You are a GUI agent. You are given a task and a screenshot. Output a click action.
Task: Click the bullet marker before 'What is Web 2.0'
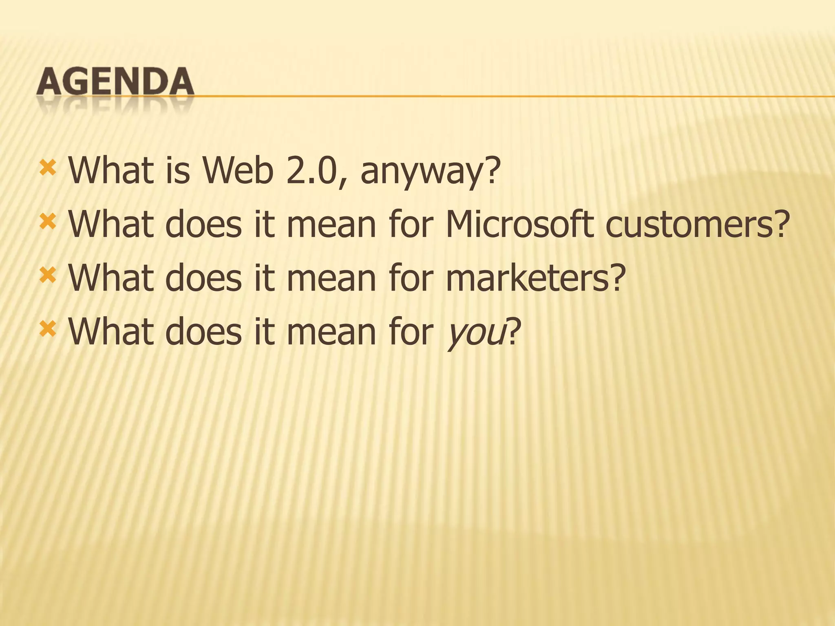tap(47, 168)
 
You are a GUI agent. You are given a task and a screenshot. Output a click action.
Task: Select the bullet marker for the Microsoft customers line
tap(47, 222)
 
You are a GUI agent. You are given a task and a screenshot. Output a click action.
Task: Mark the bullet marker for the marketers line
tap(47, 276)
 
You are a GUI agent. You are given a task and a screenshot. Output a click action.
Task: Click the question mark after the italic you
tap(514, 332)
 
